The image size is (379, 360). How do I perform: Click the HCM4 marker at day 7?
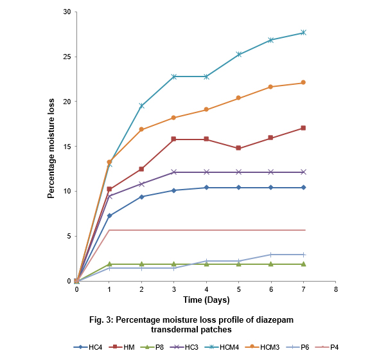pos(303,32)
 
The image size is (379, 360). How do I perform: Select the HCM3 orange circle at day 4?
pos(206,109)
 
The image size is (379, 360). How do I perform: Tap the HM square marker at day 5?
pos(238,148)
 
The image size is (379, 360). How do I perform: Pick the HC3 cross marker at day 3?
pos(174,172)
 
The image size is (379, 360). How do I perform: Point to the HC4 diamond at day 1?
pos(109,215)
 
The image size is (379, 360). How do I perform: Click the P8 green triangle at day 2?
pos(141,264)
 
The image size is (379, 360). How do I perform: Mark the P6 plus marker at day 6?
pos(270,255)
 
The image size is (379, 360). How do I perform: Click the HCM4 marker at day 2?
pos(141,105)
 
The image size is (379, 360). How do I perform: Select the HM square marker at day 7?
pos(303,128)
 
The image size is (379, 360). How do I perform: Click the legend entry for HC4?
pos(88,347)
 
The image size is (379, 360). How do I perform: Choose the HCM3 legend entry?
pos(262,347)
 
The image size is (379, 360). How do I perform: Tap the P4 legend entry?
pos(327,347)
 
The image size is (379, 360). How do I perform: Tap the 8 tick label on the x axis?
pos(336,289)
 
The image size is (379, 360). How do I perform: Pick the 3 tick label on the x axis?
pos(174,289)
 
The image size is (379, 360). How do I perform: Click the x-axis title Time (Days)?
pos(206,300)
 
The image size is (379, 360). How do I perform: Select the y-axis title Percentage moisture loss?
pos(51,148)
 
